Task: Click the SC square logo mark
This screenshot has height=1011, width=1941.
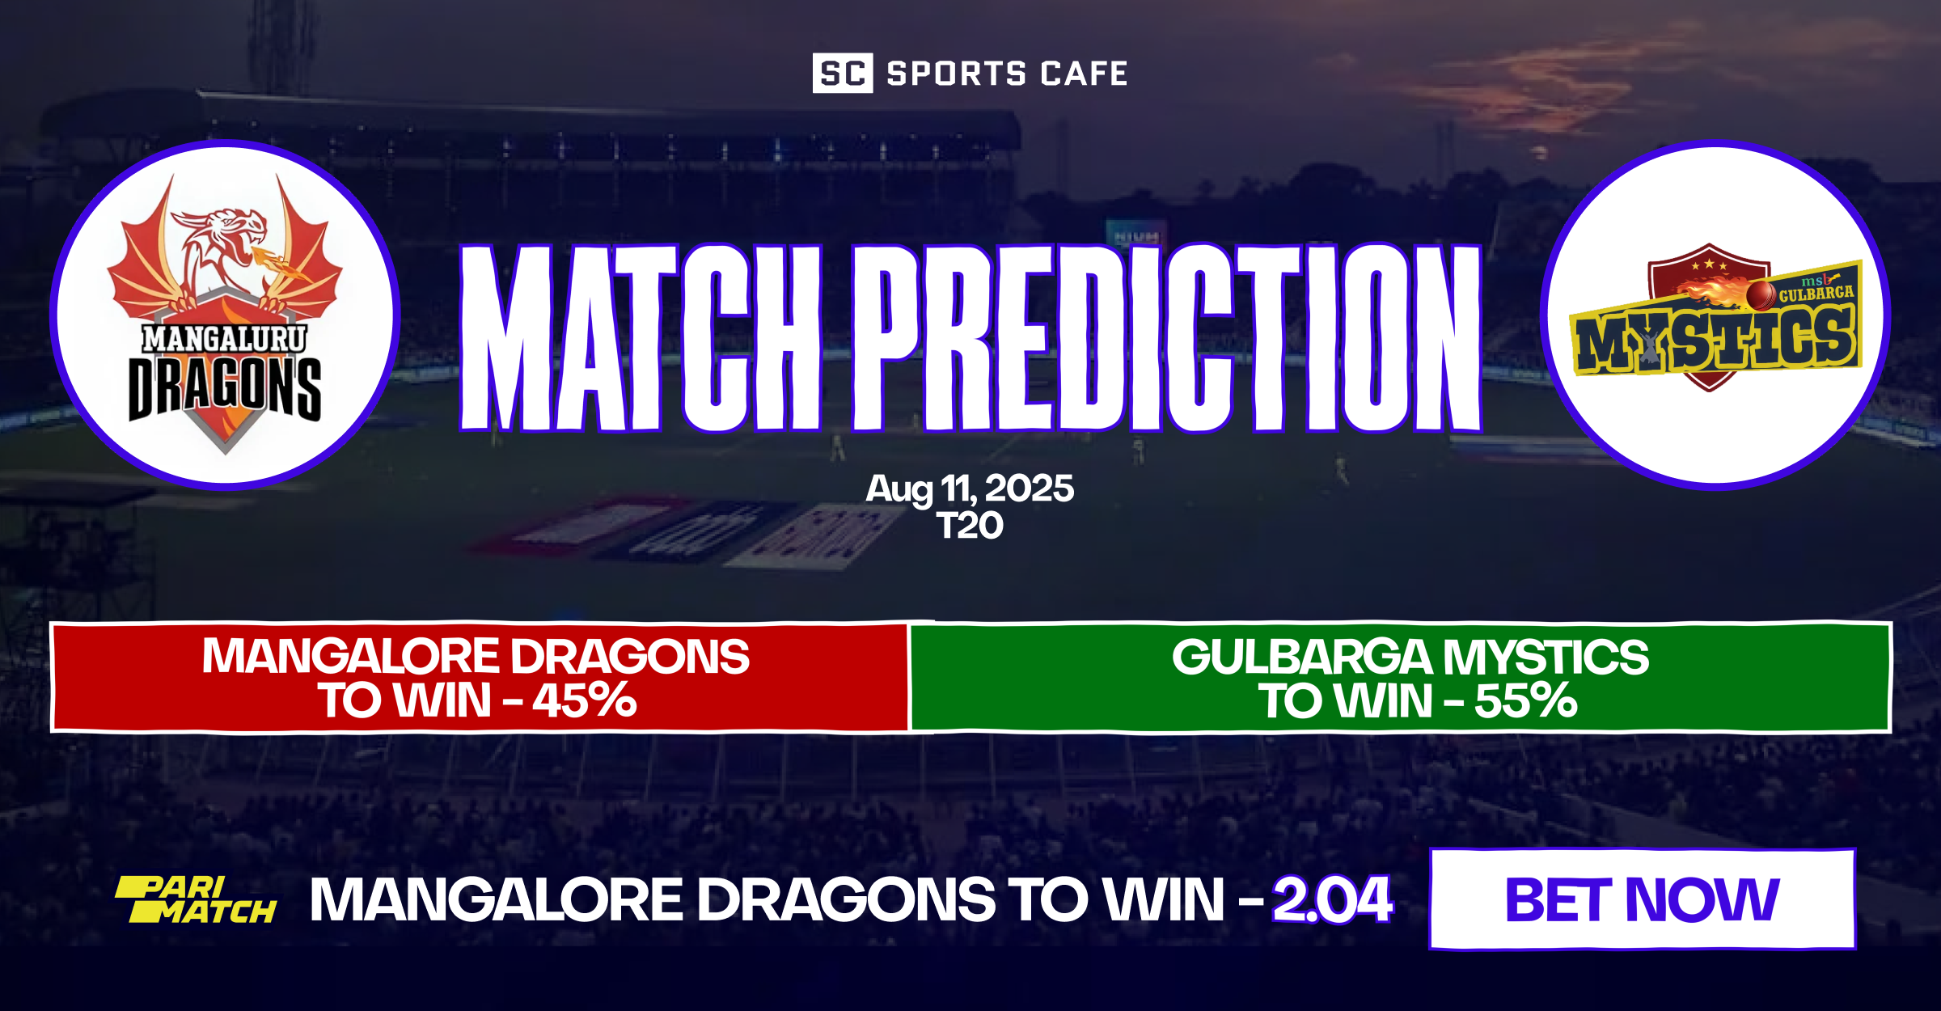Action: coord(842,74)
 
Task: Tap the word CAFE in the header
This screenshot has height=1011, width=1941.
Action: coord(1084,74)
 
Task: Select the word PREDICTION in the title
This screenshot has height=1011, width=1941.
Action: coord(1166,337)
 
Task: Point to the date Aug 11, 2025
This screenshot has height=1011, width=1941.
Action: coord(970,489)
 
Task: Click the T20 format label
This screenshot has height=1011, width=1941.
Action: coord(970,527)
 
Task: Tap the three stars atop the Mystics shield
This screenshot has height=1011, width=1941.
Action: coord(1708,265)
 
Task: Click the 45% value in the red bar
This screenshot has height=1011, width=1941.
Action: coord(584,700)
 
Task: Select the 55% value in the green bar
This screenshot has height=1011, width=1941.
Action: coord(1525,700)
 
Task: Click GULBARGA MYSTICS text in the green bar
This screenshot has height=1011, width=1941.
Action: coord(1410,657)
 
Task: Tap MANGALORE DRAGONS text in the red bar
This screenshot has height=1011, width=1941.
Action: coord(476,657)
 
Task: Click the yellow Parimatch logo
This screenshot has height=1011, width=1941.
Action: coord(196,899)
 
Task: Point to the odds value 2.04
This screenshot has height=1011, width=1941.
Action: coord(1332,899)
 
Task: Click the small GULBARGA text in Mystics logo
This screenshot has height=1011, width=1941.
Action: coord(1816,293)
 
